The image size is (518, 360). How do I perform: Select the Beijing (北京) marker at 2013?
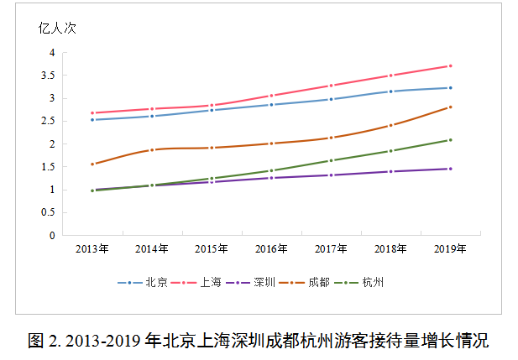[x=92, y=120]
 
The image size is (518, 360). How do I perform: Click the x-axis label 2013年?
[x=92, y=249]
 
